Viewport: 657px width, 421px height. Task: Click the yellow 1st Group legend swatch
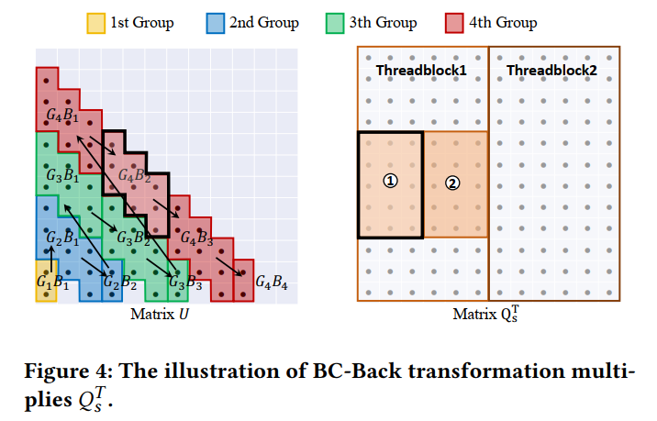coord(96,22)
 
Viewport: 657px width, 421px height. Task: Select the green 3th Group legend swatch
coord(338,22)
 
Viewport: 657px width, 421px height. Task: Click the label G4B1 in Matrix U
coord(63,116)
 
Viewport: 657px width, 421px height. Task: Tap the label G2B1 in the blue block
coord(63,239)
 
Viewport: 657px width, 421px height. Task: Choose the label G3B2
coord(132,238)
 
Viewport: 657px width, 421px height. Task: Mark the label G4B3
coord(196,238)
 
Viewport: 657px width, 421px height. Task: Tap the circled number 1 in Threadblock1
coord(390,182)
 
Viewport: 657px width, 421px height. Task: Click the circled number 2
coord(452,182)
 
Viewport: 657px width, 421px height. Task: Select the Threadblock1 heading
coord(421,70)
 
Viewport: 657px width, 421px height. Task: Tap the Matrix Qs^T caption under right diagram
coord(487,315)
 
